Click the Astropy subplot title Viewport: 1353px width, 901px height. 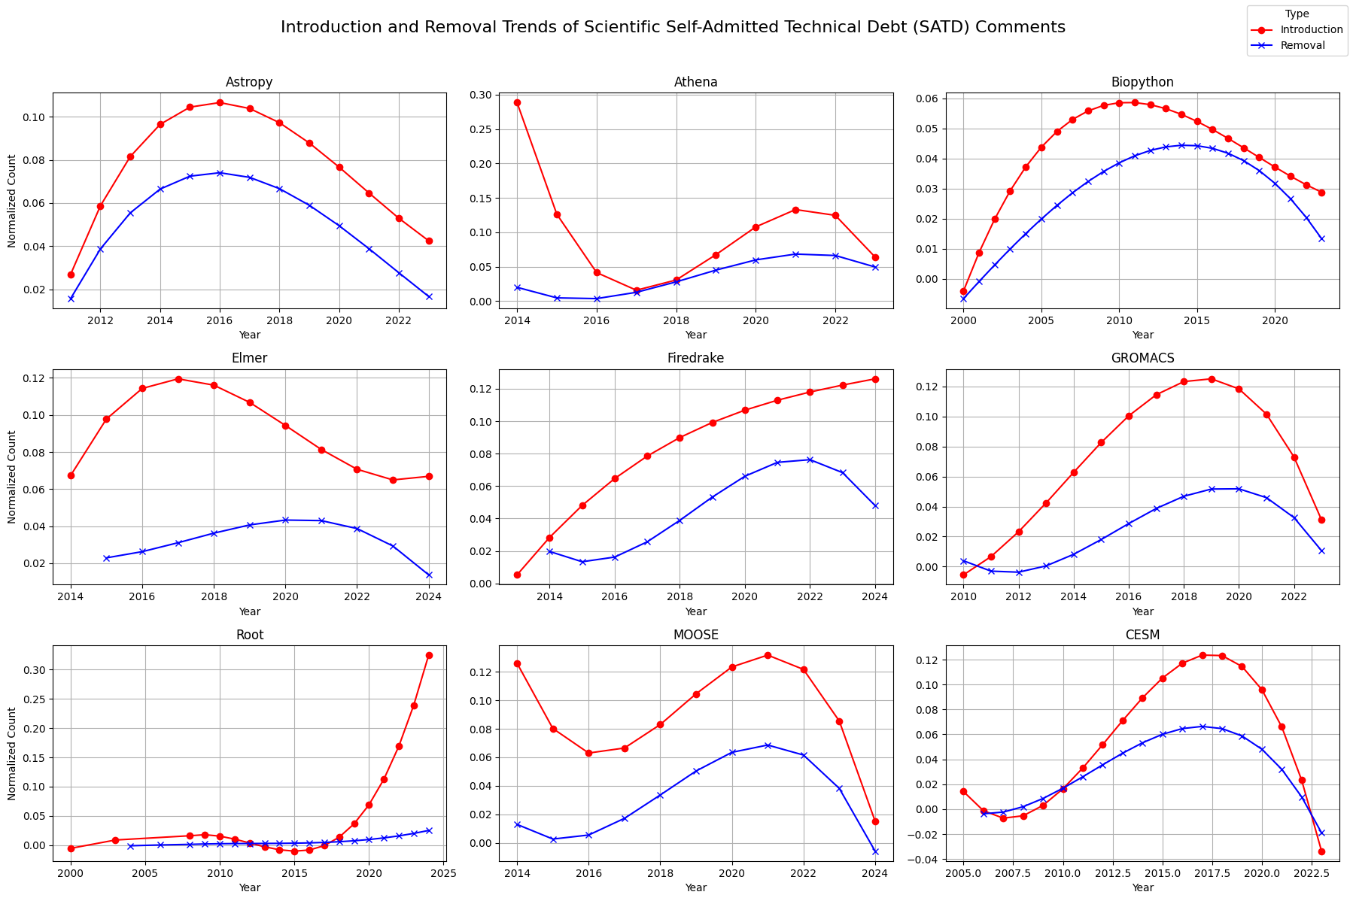click(249, 82)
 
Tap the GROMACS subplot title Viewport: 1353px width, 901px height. click(1142, 358)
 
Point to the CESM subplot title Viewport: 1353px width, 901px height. click(1142, 635)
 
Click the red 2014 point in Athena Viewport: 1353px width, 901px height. click(517, 102)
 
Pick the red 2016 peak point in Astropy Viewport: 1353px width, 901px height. click(220, 102)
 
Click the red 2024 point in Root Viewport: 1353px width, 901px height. click(429, 655)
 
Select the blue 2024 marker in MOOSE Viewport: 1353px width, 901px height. click(875, 851)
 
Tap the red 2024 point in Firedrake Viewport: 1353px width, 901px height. click(875, 379)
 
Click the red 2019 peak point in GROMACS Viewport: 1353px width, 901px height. click(1212, 379)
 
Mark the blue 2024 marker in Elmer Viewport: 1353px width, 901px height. click(429, 575)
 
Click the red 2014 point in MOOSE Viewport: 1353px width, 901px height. click(517, 663)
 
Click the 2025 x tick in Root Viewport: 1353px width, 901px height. click(444, 874)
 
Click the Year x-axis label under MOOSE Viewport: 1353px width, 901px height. click(696, 888)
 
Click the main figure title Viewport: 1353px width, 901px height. click(673, 27)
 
